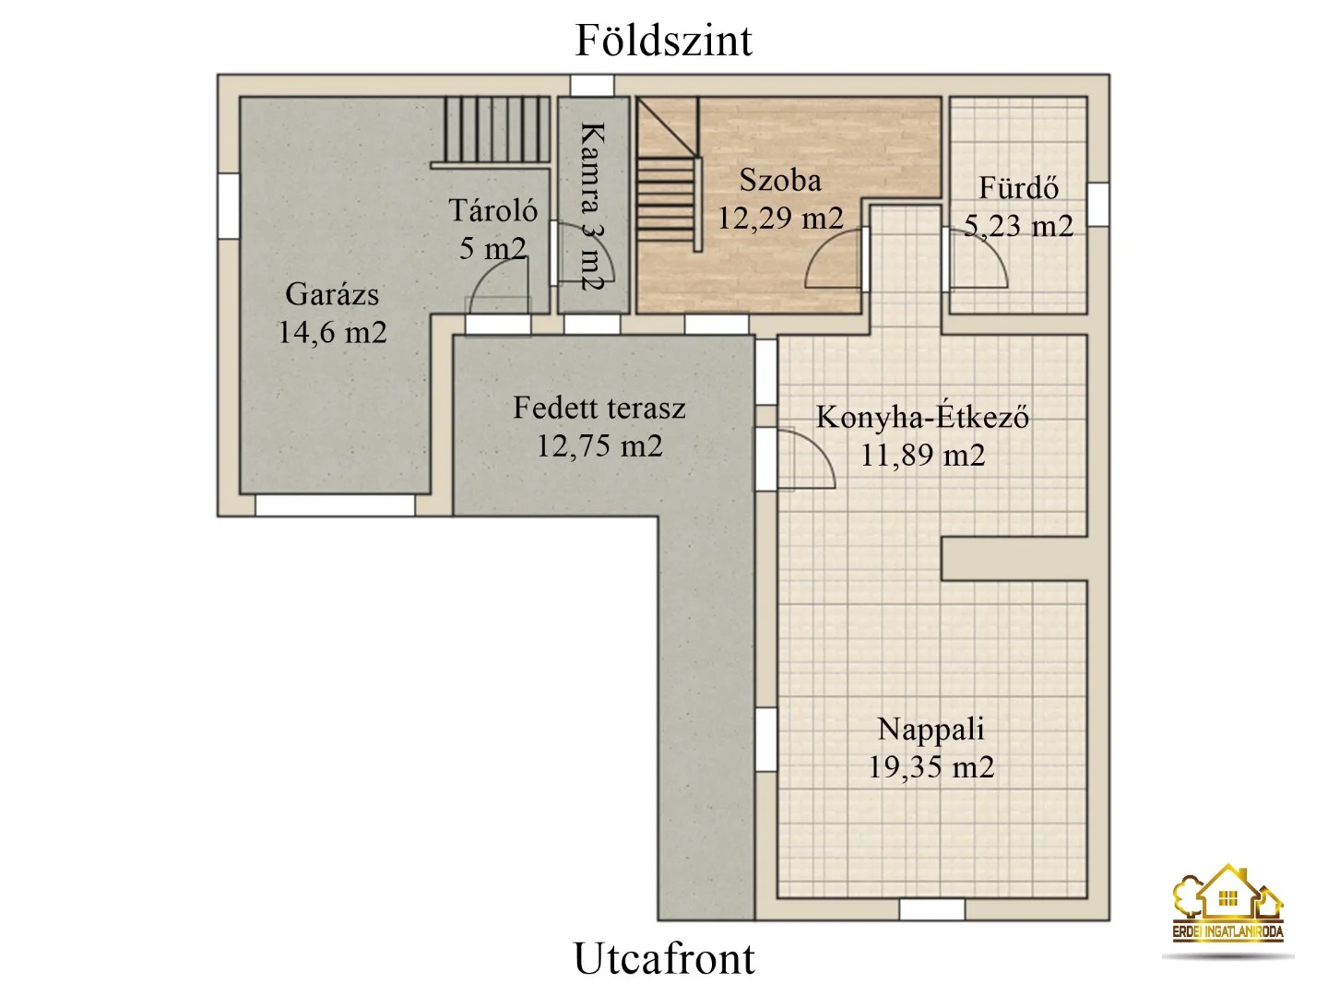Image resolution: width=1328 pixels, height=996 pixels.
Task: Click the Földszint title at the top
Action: click(x=663, y=41)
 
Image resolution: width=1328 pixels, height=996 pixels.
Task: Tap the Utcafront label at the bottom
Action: click(x=663, y=959)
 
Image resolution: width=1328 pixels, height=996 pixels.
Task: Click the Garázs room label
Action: click(x=332, y=294)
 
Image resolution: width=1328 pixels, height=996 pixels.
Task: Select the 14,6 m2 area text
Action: click(x=332, y=333)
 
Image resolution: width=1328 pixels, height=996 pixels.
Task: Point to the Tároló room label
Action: click(x=492, y=211)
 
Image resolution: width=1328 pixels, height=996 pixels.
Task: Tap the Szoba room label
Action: click(x=779, y=180)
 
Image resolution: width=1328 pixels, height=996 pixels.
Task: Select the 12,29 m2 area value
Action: click(x=780, y=219)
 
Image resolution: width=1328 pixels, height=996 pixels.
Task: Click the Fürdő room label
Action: click(x=1018, y=188)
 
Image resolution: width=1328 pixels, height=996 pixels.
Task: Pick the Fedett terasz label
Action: click(x=599, y=408)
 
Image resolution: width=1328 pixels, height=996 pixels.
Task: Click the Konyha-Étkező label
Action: click(x=922, y=417)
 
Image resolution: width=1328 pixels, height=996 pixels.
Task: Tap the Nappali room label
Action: click(x=931, y=729)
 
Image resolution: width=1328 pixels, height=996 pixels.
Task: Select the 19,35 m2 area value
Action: click(x=931, y=767)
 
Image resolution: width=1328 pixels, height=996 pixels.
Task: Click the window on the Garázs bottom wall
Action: click(x=334, y=504)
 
